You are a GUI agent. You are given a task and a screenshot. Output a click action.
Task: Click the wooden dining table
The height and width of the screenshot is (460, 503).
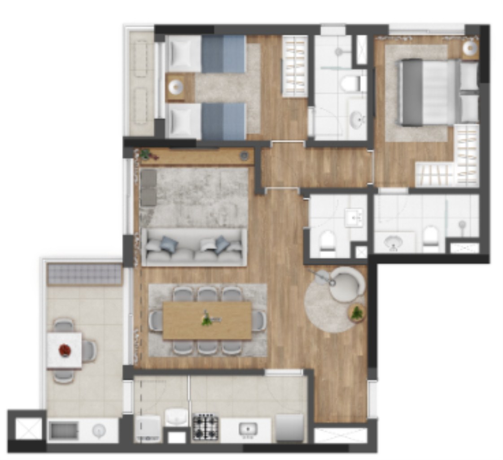tap(207, 320)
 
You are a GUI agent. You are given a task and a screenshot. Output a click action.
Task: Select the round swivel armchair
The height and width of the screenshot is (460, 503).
tap(346, 284)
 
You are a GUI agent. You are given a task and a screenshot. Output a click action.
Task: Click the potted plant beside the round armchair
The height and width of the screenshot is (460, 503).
tap(357, 313)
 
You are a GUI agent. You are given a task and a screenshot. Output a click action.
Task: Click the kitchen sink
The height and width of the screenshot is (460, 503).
tap(247, 429)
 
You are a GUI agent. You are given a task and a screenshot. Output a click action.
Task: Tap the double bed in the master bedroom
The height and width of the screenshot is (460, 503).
tap(429, 92)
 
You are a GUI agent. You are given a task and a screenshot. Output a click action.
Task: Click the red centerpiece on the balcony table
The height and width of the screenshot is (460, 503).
tap(64, 349)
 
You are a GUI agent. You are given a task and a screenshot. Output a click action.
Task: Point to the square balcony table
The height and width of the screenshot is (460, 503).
tap(64, 350)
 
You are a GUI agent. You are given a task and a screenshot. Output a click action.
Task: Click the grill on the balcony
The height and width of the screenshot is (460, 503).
tap(84, 274)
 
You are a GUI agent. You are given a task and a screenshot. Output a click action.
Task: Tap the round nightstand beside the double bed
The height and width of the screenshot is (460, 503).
tap(470, 48)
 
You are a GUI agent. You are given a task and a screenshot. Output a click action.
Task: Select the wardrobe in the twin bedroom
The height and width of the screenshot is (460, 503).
tap(295, 66)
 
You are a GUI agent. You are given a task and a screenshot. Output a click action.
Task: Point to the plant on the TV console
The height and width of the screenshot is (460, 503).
tap(145, 155)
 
